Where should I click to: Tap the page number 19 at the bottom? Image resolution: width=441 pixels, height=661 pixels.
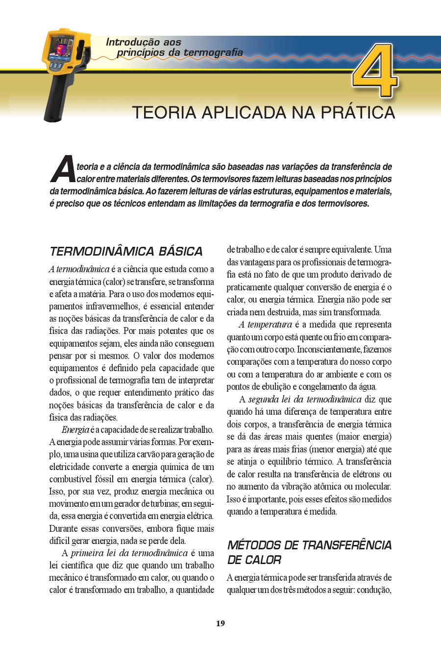tap(220, 623)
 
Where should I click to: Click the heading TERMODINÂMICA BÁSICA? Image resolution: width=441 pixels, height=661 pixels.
tap(126, 252)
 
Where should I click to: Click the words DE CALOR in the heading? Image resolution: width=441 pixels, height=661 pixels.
tap(254, 560)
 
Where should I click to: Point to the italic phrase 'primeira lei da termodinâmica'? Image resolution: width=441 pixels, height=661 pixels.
tap(129, 553)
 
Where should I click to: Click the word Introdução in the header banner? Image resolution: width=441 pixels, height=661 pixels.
tap(129, 43)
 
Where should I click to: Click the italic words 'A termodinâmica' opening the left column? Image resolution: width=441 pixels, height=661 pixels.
tap(79, 269)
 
